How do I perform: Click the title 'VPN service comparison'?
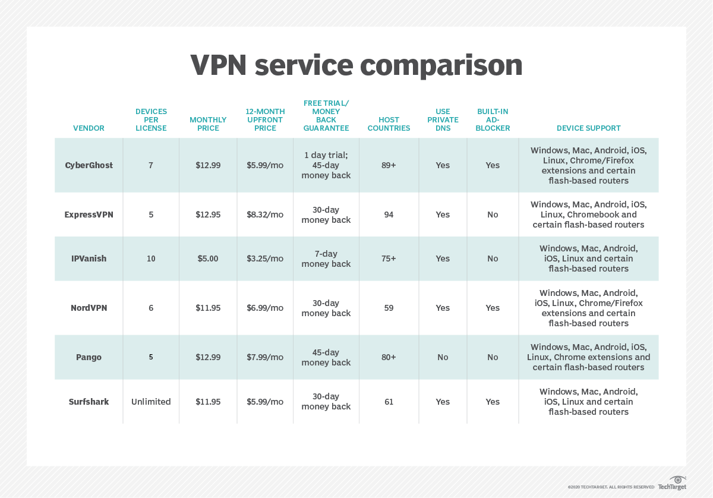click(356, 65)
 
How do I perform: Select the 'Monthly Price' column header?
click(208, 124)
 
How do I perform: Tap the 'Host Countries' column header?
click(389, 124)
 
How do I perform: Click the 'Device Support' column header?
click(588, 128)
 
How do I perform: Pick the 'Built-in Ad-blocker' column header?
click(493, 119)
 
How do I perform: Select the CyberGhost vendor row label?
click(89, 165)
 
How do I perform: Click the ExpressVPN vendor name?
click(89, 215)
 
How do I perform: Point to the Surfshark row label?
click(89, 402)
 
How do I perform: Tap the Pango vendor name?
click(89, 357)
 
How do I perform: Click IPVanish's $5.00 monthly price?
click(208, 259)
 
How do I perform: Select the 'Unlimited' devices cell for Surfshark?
click(151, 402)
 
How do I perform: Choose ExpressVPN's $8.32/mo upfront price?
click(265, 215)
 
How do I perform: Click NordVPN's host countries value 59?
click(389, 308)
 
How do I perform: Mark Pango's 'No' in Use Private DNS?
click(443, 357)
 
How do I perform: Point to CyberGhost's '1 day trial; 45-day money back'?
click(326, 165)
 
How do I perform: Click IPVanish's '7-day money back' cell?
click(326, 259)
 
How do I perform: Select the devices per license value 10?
click(151, 259)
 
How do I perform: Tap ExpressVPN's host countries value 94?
click(389, 215)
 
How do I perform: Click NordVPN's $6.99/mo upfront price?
click(265, 308)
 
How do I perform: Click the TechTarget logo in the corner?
click(673, 483)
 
